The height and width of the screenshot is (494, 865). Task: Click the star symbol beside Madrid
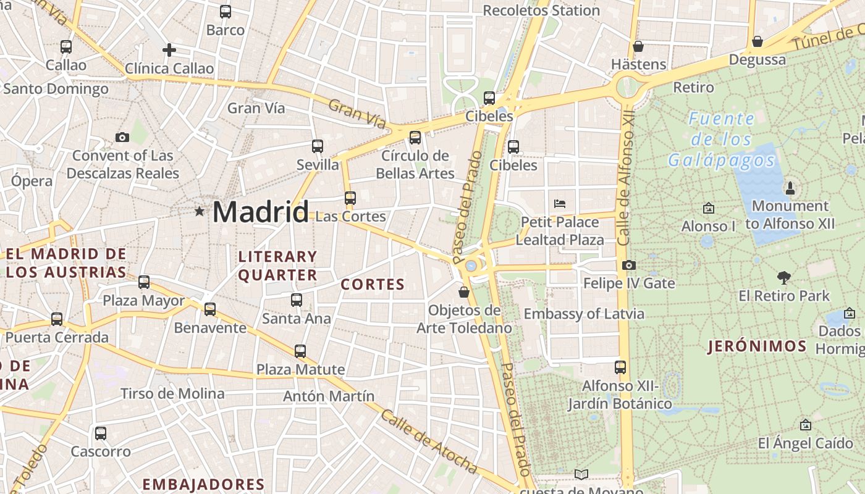pos(199,212)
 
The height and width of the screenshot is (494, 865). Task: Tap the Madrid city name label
pos(260,212)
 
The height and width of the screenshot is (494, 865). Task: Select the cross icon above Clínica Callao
pos(169,50)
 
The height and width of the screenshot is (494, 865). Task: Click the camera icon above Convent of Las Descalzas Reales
pos(122,137)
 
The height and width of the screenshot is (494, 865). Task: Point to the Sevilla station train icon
pos(318,146)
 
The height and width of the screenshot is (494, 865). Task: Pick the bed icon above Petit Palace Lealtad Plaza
pos(560,203)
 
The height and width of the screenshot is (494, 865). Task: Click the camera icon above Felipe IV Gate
pos(629,266)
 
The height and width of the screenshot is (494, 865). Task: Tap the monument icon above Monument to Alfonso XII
pos(790,187)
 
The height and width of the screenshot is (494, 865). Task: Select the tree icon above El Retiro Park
pos(784,278)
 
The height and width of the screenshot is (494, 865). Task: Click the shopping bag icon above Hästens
pos(638,46)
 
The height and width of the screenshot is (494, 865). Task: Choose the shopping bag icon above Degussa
pos(757,41)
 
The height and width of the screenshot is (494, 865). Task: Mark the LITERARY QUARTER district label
pos(278,266)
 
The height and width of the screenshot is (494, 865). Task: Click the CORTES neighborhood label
pos(373,285)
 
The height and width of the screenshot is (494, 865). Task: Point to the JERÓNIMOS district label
pos(757,346)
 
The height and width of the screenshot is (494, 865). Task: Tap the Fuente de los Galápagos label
pos(722,140)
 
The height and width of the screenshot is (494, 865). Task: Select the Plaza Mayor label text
pos(143,301)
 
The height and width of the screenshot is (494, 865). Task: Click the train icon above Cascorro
pos(101,433)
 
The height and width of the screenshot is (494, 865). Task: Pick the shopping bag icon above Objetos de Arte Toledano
pos(464,292)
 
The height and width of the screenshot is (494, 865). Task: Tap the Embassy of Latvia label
pos(584,314)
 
